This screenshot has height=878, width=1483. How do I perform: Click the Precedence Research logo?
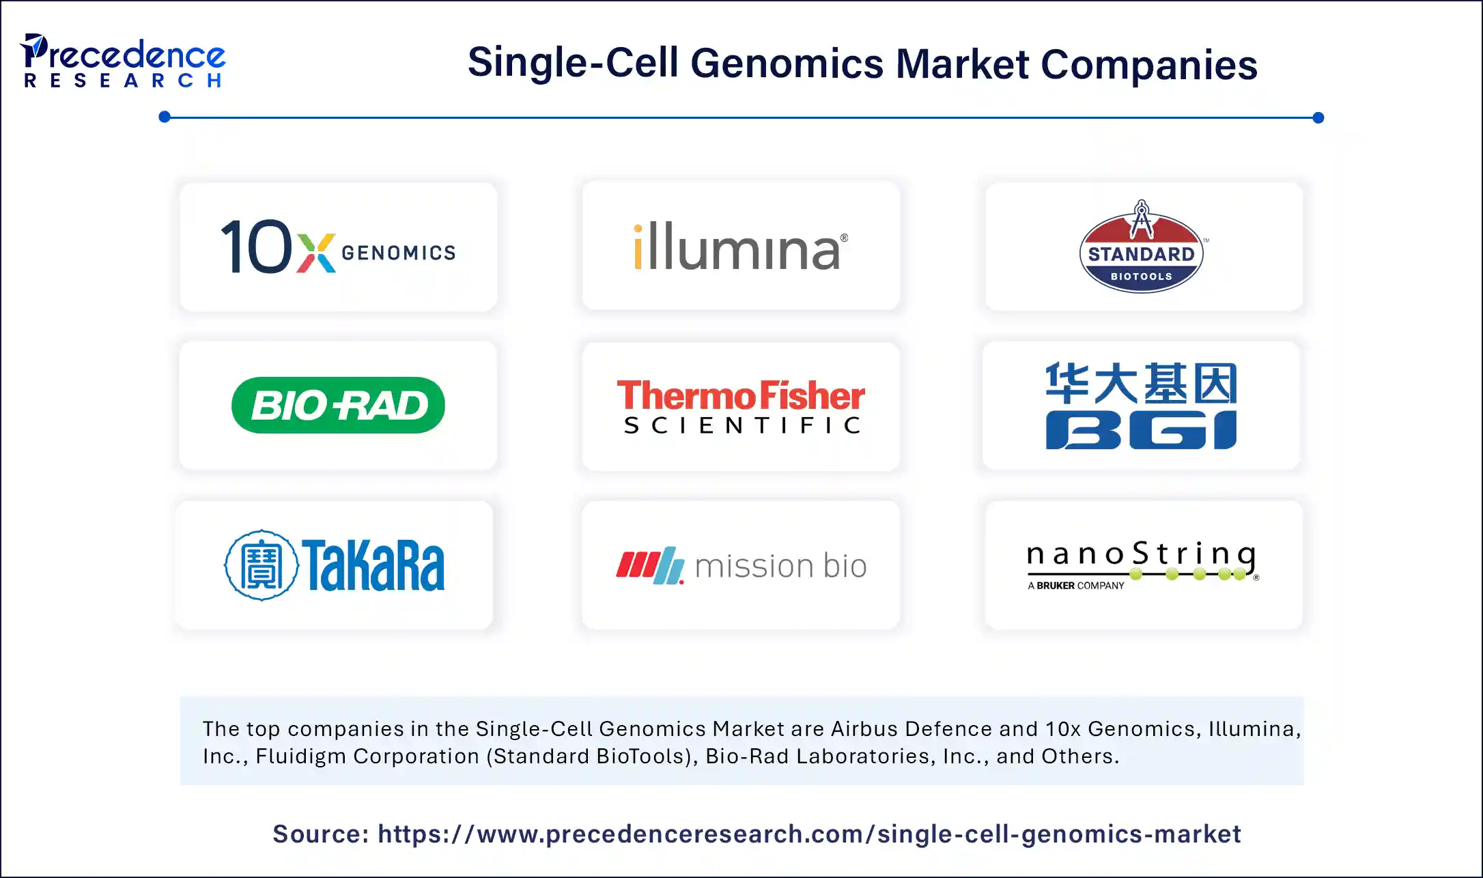[x=123, y=61]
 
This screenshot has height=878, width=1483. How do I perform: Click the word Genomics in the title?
[x=787, y=63]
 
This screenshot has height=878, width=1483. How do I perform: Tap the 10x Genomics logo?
[x=338, y=246]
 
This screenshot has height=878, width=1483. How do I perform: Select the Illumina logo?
[x=741, y=246]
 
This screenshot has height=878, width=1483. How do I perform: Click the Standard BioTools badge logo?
[x=1142, y=246]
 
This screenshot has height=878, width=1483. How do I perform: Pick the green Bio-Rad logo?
[x=338, y=405]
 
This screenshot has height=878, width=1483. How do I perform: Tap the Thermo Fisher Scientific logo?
[x=741, y=407]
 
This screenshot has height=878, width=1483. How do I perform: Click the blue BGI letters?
[x=1141, y=430]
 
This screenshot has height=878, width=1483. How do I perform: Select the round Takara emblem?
[x=262, y=565]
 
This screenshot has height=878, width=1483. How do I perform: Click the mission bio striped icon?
[x=650, y=565]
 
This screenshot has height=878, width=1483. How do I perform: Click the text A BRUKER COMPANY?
[x=1075, y=586]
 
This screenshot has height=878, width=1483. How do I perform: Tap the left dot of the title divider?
[x=165, y=117]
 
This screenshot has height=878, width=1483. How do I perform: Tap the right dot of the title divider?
[x=1318, y=117]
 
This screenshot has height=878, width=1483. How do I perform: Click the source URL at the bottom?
[x=809, y=834]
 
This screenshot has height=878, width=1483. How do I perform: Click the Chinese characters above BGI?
[x=1141, y=383]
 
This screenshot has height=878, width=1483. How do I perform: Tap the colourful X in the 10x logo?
[x=316, y=253]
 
